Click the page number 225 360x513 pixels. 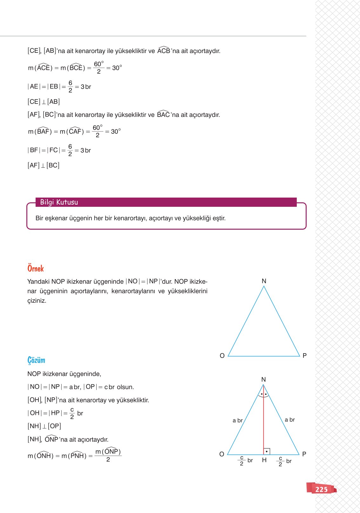[x=321, y=489]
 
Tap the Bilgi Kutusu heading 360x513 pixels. [x=59, y=202]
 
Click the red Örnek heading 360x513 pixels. [x=36, y=268]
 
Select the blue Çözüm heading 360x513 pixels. [x=36, y=360]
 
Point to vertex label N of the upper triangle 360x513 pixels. [x=264, y=281]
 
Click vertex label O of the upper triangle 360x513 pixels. [x=222, y=356]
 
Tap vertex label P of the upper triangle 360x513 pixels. [x=304, y=356]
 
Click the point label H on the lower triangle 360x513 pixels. [x=264, y=460]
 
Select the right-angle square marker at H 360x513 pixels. [x=267, y=451]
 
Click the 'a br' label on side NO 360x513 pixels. [x=237, y=421]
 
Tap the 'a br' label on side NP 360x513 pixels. [x=289, y=420]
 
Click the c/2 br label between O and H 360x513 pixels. [x=245, y=461]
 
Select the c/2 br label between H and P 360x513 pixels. [x=284, y=461]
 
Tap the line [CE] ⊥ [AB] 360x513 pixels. [x=44, y=102]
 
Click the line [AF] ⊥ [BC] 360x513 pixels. [x=44, y=165]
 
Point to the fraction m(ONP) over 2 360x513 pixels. [x=108, y=456]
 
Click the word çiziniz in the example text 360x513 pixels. [x=37, y=301]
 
